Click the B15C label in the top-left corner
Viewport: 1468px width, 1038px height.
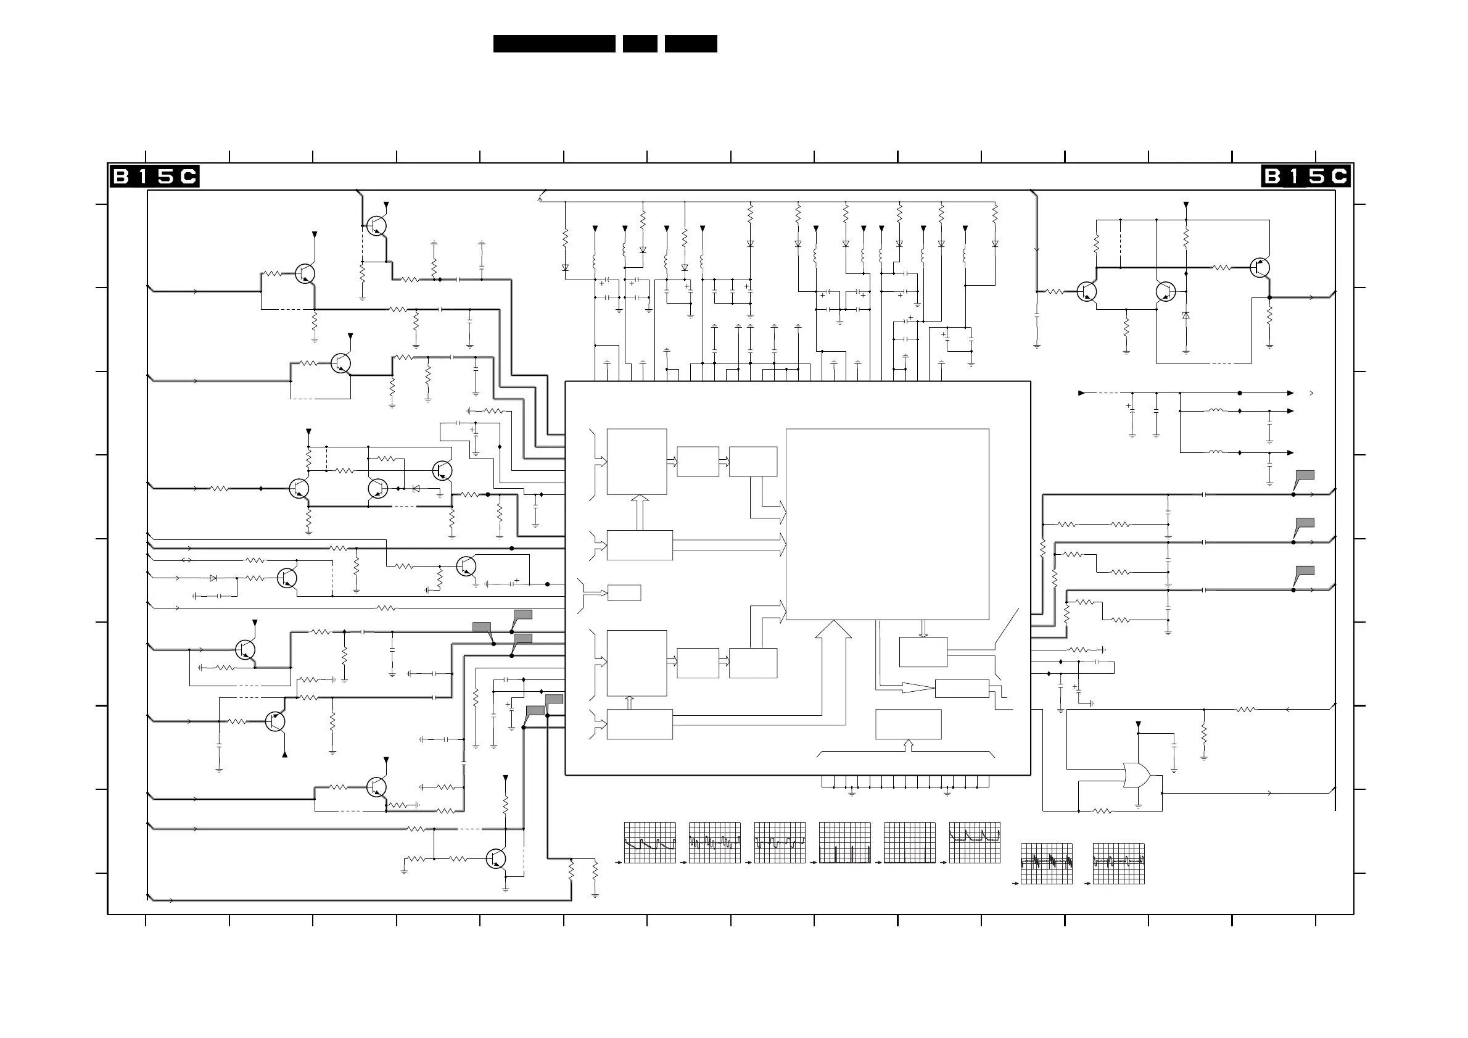pyautogui.click(x=154, y=176)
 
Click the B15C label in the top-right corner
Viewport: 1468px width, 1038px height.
pyautogui.click(x=1306, y=176)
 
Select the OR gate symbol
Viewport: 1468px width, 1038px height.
pyautogui.click(x=1136, y=775)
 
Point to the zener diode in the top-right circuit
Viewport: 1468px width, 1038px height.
pyautogui.click(x=1186, y=315)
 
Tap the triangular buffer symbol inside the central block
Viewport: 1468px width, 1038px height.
pyautogui.click(x=916, y=687)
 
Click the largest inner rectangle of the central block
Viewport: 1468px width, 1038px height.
pyautogui.click(x=887, y=524)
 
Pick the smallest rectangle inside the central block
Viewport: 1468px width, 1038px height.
pyautogui.click(x=624, y=592)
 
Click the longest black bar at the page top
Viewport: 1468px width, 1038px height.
pyautogui.click(x=554, y=43)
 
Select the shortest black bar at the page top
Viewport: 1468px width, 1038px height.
pyautogui.click(x=640, y=43)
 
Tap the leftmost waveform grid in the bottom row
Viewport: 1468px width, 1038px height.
pyautogui.click(x=649, y=842)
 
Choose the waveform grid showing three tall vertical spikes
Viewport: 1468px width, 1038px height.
pyautogui.click(x=844, y=842)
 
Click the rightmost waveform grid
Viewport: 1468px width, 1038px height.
pyautogui.click(x=1118, y=863)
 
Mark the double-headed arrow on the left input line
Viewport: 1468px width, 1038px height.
pyautogui.click(x=187, y=560)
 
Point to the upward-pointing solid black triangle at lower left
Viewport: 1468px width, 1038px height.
pyautogui.click(x=284, y=755)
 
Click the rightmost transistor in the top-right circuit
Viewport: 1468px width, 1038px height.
pyautogui.click(x=1259, y=268)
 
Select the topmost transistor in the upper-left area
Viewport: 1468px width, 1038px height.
pyautogui.click(x=377, y=226)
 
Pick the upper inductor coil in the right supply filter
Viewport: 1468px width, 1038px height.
pyautogui.click(x=1216, y=410)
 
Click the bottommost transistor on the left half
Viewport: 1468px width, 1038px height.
pyautogui.click(x=496, y=859)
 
